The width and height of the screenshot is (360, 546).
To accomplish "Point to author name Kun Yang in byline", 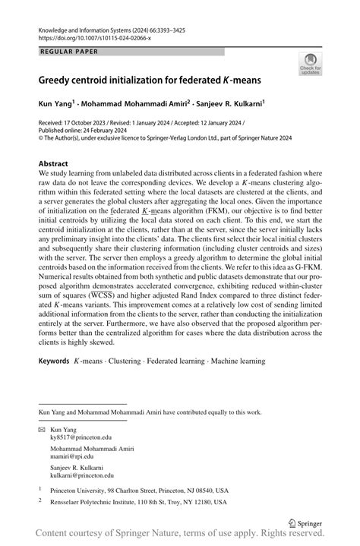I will [x=54, y=100].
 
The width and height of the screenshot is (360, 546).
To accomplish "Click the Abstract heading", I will [x=53, y=163].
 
